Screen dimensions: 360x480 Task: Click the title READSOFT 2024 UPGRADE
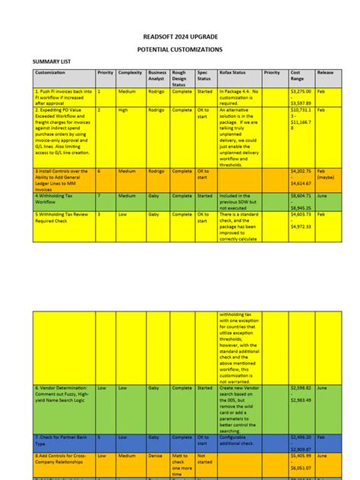click(x=179, y=35)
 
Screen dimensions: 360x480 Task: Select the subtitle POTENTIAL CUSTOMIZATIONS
click(x=179, y=49)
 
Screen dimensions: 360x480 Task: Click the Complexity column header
click(x=131, y=73)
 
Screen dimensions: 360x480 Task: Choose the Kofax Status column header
click(x=231, y=73)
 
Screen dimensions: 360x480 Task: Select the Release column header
click(x=325, y=73)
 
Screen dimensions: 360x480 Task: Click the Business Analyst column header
click(x=157, y=76)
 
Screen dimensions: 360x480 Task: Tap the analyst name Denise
click(x=156, y=456)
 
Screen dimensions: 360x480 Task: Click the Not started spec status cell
click(x=205, y=459)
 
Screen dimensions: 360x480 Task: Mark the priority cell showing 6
click(x=99, y=172)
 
